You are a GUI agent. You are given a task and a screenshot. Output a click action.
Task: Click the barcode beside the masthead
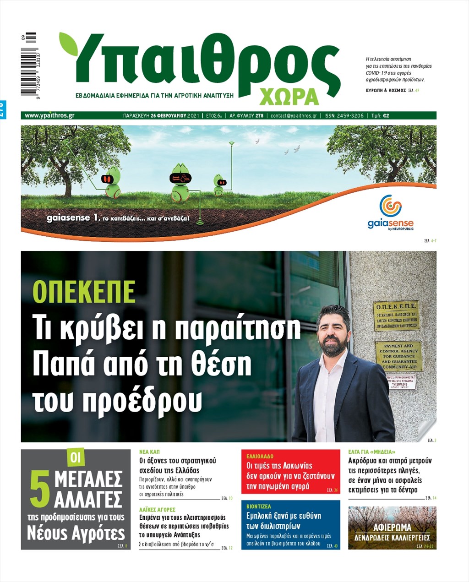tap(28, 64)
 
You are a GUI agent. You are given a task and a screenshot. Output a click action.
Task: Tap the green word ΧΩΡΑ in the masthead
tap(289, 96)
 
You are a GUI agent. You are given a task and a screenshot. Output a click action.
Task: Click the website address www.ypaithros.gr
tap(49, 115)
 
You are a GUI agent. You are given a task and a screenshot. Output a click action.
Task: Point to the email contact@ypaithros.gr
tap(294, 115)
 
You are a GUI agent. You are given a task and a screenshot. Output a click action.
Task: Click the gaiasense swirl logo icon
tap(390, 206)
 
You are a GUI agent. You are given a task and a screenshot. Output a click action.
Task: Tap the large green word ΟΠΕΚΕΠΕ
tap(84, 291)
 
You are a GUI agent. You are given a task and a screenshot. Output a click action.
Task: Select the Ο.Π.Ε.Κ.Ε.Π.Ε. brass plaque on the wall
tap(396, 315)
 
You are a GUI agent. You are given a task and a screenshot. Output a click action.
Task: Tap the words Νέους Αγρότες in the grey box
tap(76, 533)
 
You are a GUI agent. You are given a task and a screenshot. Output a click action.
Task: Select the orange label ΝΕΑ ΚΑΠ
tap(149, 451)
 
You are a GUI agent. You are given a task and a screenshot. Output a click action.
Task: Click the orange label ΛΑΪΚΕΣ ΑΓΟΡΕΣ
tap(157, 509)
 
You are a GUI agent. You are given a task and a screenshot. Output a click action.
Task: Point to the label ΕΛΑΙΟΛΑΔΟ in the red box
tap(260, 457)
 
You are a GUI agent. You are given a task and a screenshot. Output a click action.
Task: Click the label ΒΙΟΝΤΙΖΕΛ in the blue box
tap(259, 506)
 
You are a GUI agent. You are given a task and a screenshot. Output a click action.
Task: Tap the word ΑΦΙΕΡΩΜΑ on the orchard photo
tap(392, 527)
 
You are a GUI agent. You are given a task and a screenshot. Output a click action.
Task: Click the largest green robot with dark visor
tap(180, 181)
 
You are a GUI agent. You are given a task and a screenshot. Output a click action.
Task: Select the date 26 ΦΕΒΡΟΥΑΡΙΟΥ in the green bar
tap(168, 115)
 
